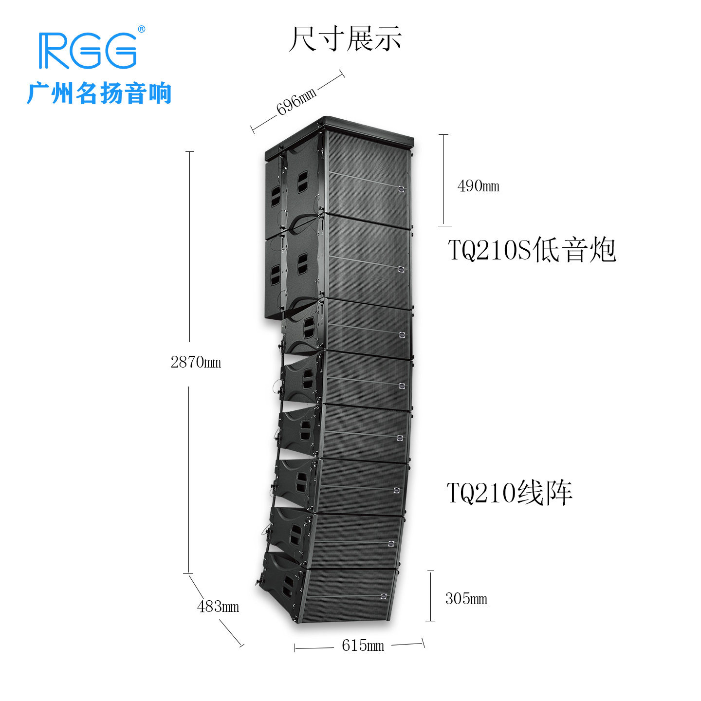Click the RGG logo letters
click(88, 51)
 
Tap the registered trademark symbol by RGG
click(142, 29)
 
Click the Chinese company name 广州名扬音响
click(99, 93)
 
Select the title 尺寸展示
click(345, 38)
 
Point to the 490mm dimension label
click(478, 186)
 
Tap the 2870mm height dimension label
click(196, 362)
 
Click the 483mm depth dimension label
click(218, 606)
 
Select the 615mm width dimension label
click(363, 646)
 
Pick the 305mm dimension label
click(466, 598)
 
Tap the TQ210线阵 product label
click(509, 493)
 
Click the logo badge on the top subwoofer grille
click(401, 189)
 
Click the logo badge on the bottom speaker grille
click(384, 596)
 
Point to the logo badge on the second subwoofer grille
click(401, 269)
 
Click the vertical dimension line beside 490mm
click(444, 180)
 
